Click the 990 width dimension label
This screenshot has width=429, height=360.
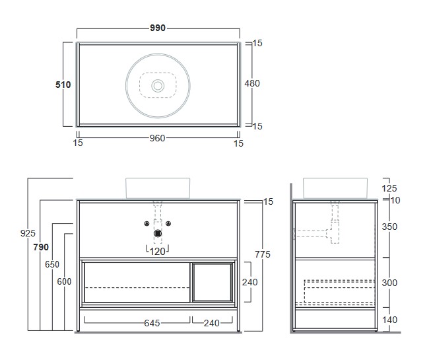pos(158,28)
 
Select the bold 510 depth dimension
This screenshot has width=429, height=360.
pos(63,85)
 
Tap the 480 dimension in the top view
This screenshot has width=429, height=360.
pos(252,83)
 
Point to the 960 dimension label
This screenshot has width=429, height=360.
pos(157,138)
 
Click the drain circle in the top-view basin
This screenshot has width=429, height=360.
pos(158,86)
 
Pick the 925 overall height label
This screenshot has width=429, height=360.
pos(28,233)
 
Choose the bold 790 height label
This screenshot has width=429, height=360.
pos(41,247)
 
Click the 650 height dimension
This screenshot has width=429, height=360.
pos(52,264)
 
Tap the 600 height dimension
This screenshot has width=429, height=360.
pos(64,281)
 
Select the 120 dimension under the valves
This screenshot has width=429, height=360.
pos(158,252)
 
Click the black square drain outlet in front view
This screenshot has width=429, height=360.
pos(158,234)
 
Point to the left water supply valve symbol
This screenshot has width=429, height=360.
pos(147,224)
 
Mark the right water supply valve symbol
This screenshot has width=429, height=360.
pos(168,224)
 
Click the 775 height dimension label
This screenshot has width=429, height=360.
pos(263,254)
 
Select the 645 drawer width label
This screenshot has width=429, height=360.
pos(152,323)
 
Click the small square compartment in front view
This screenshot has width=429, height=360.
pos(213,282)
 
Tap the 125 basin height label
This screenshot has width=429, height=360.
pos(389,189)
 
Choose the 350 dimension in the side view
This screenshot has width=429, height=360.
pos(389,227)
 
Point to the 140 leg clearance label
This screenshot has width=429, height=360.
pos(389,320)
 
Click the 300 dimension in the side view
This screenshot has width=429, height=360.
pos(389,283)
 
